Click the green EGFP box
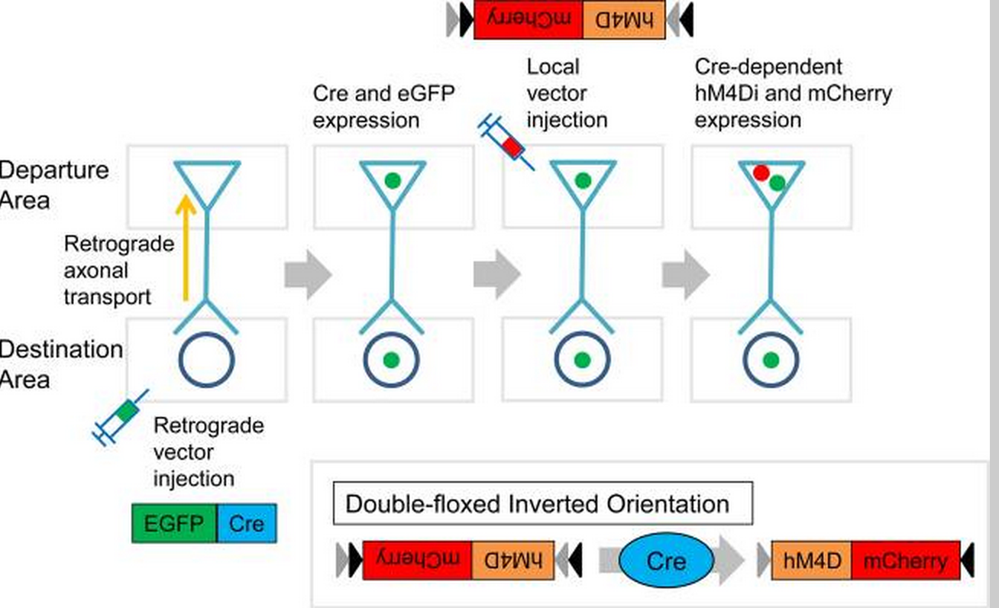[x=174, y=523]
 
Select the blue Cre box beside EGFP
[x=246, y=523]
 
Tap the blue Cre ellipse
[x=666, y=561]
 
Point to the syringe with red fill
[x=506, y=141]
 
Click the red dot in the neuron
[x=760, y=173]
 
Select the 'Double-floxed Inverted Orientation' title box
[x=542, y=504]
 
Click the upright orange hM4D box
[x=812, y=561]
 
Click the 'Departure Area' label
[x=53, y=185]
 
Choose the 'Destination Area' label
[x=60, y=364]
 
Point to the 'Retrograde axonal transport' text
[x=118, y=270]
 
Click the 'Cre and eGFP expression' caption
[x=383, y=107]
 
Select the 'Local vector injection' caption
[x=567, y=93]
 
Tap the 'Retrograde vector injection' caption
[x=208, y=452]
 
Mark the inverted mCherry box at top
[x=528, y=19]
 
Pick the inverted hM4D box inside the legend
[x=512, y=560]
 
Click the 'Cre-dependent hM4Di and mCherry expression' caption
[x=793, y=93]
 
